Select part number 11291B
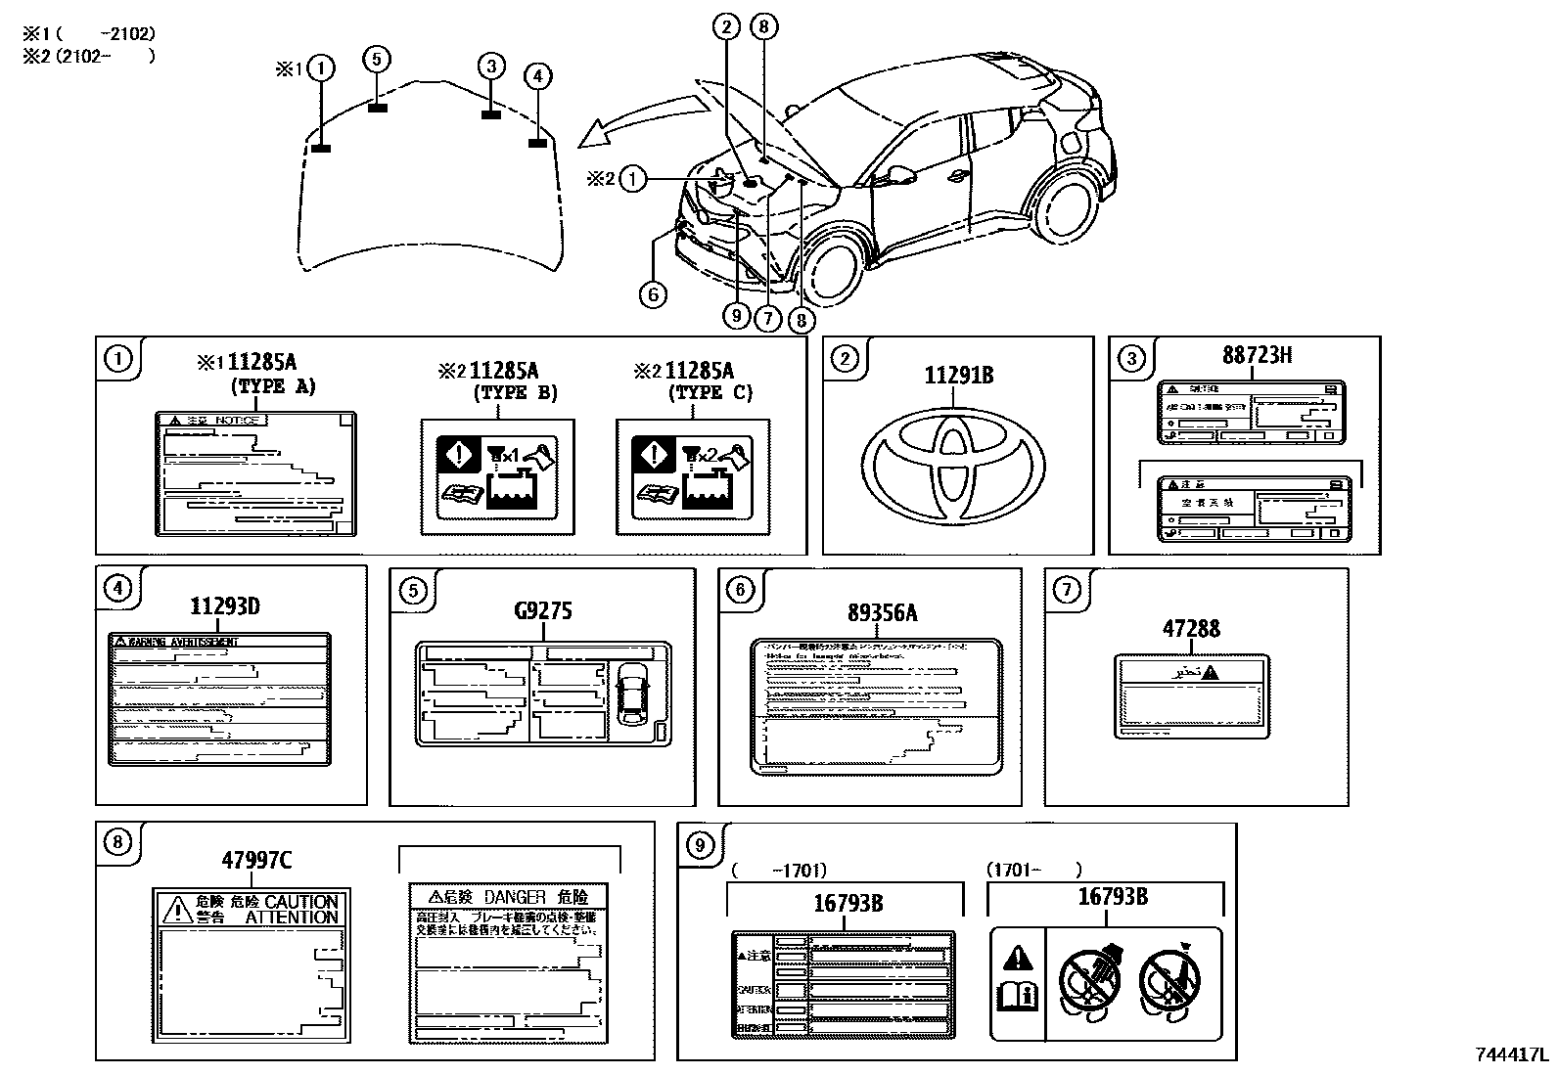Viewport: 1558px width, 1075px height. click(958, 375)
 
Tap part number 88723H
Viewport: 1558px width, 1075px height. click(1256, 354)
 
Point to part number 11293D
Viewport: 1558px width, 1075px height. click(224, 606)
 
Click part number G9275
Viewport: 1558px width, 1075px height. click(542, 611)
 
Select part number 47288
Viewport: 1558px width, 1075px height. click(1191, 628)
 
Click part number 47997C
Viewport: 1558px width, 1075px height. click(255, 861)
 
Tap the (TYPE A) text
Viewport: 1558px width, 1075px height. click(274, 386)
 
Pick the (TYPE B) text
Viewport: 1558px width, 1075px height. click(515, 393)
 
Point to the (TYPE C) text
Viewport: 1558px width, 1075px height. click(710, 393)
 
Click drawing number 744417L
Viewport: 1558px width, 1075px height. click(1513, 1055)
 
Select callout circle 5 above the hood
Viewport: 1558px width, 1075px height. click(378, 60)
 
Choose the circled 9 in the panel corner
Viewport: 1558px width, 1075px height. click(700, 843)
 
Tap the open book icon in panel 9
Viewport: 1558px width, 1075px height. click(1017, 997)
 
